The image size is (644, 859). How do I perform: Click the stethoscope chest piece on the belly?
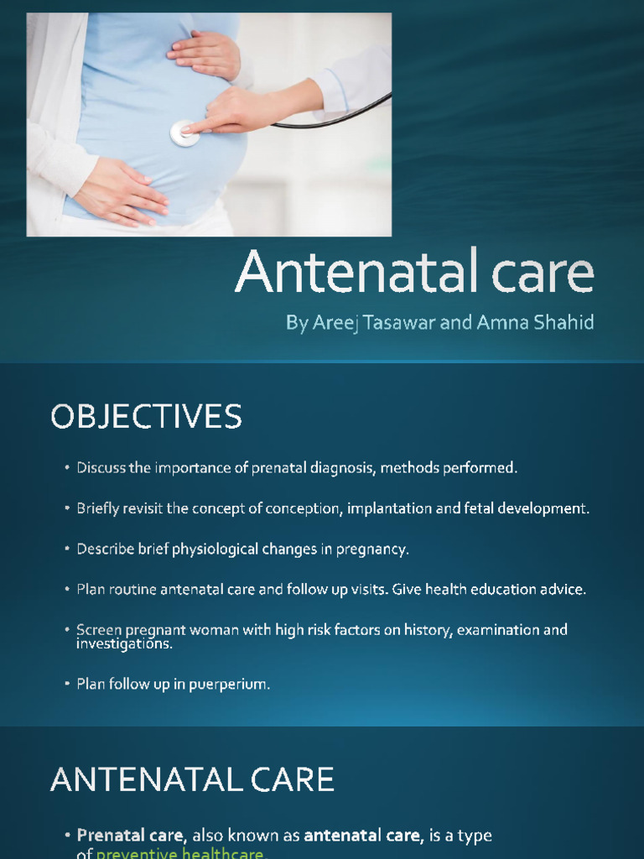pos(185,133)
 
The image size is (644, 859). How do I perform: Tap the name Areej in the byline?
pos(334,324)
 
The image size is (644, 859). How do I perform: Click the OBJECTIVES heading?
pos(146,417)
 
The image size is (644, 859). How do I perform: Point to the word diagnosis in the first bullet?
pos(341,468)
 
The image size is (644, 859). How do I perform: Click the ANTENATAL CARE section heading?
pos(192,779)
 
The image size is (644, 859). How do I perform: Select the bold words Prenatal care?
pos(130,836)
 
